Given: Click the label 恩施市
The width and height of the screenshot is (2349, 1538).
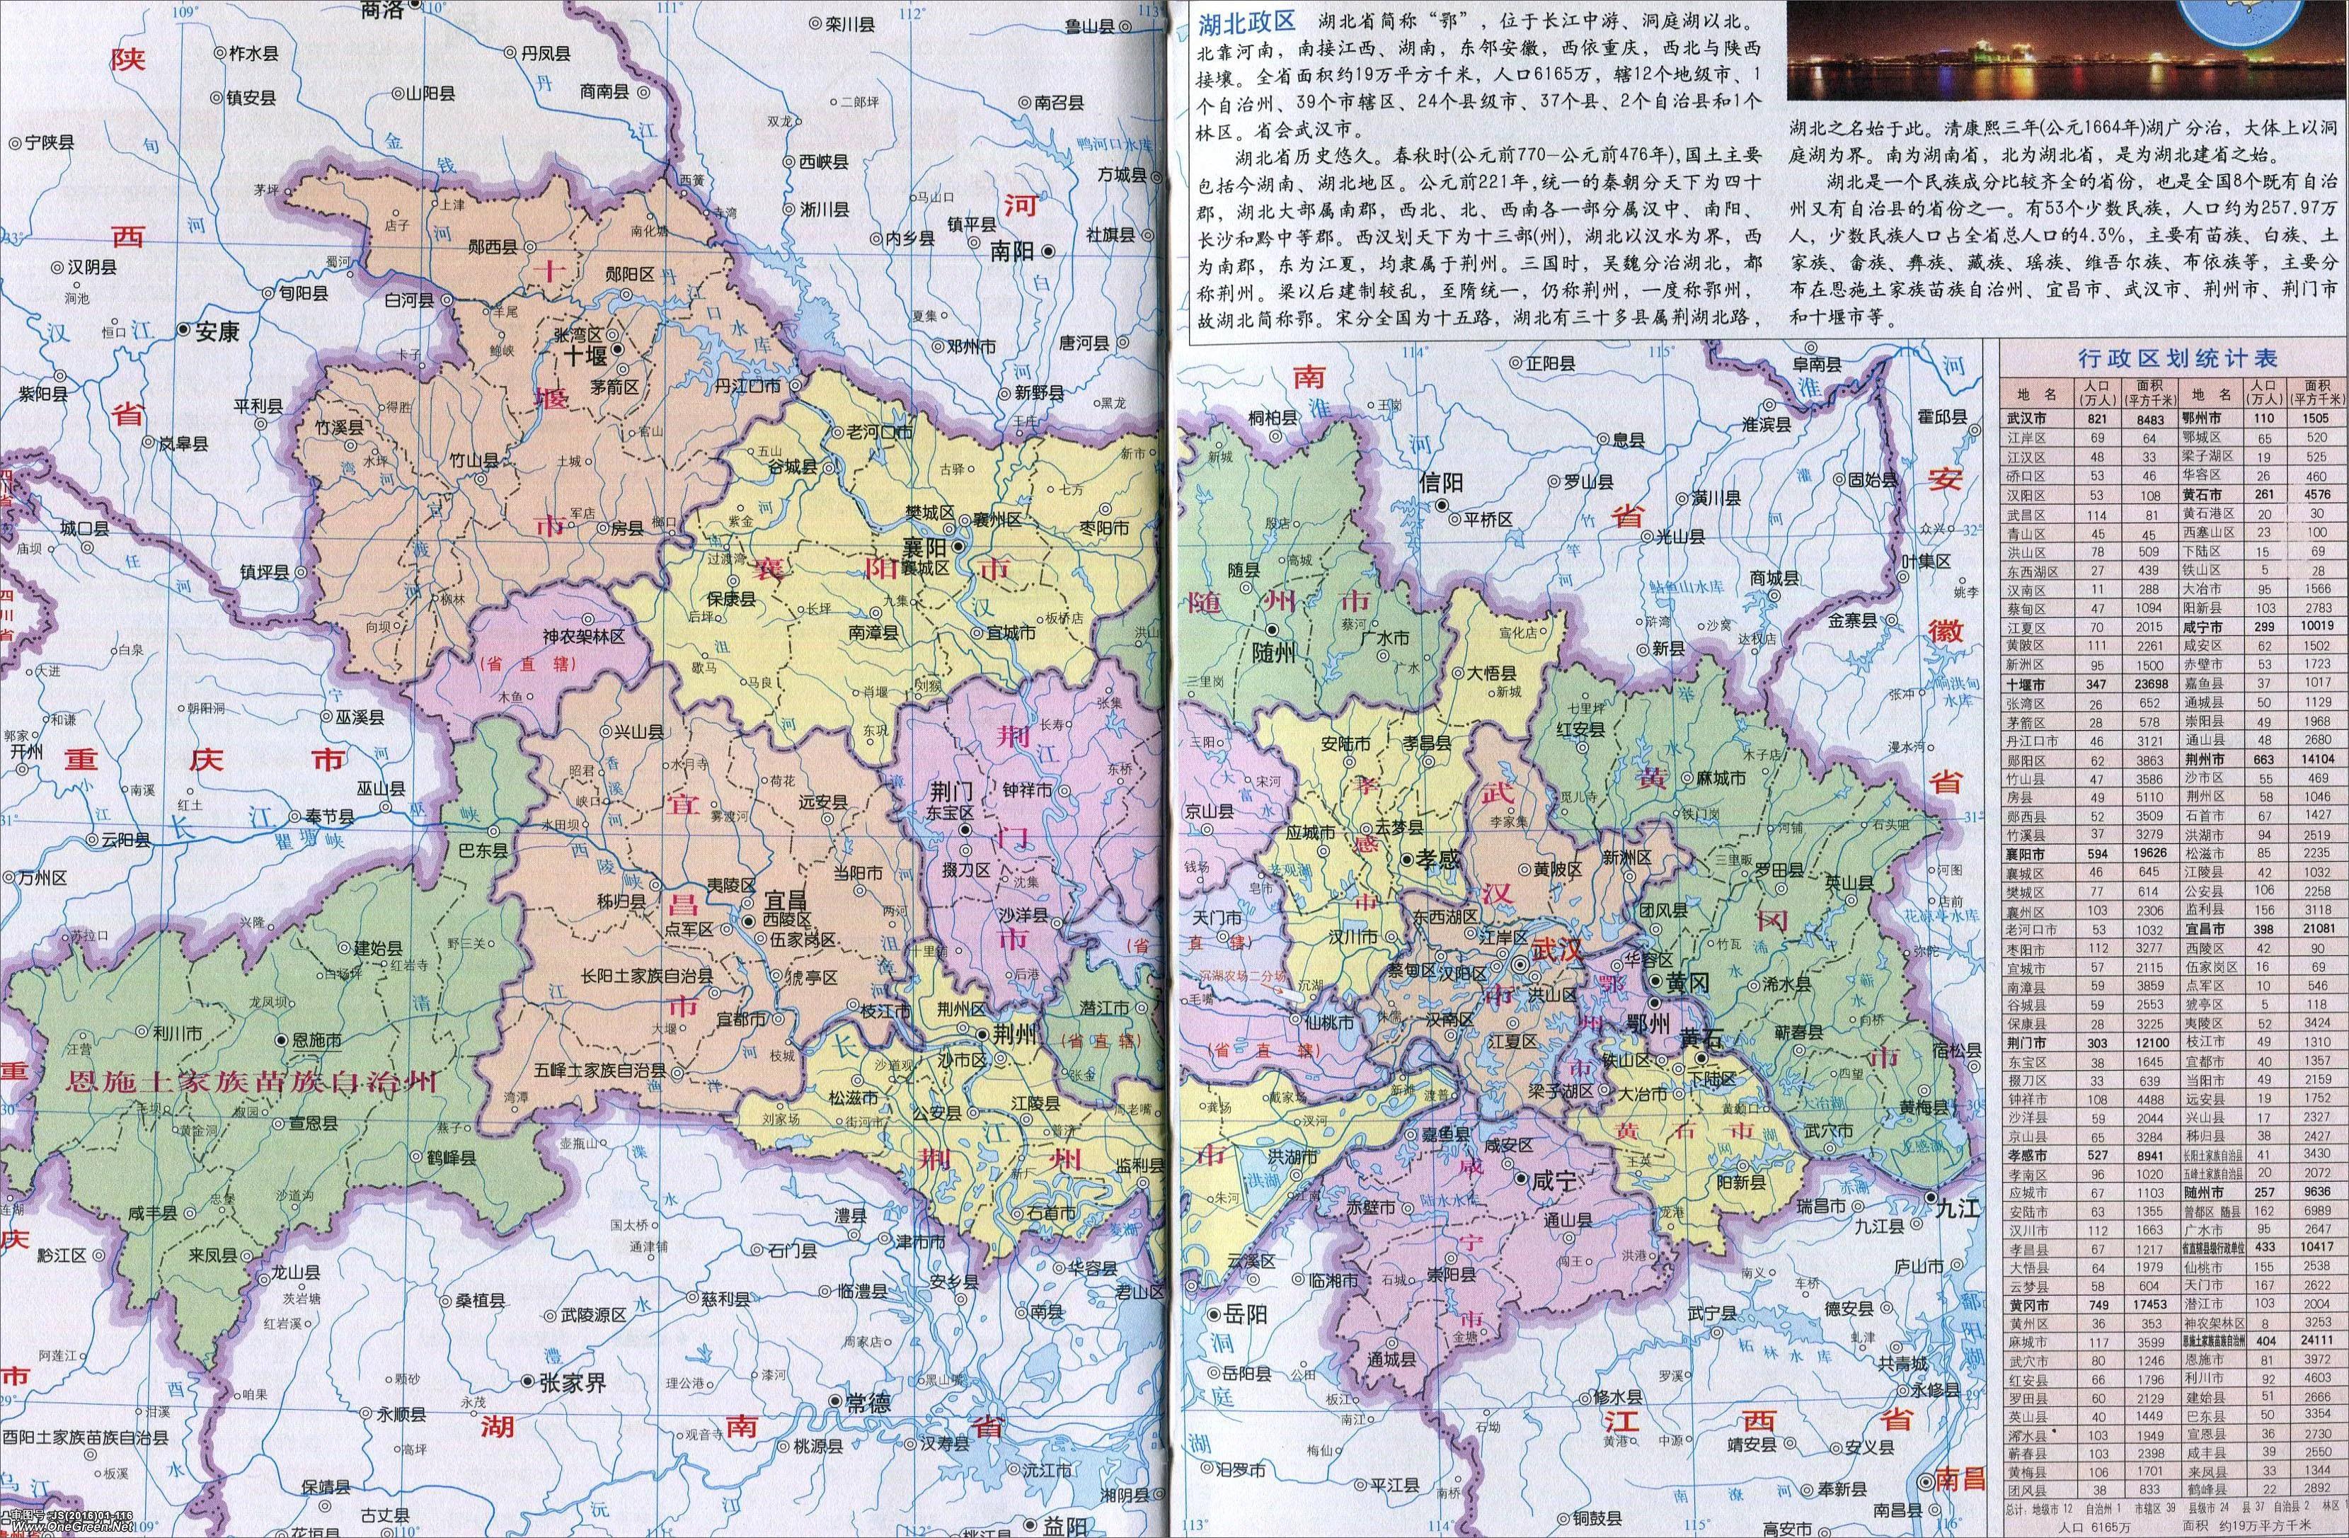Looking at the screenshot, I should coord(316,1040).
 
